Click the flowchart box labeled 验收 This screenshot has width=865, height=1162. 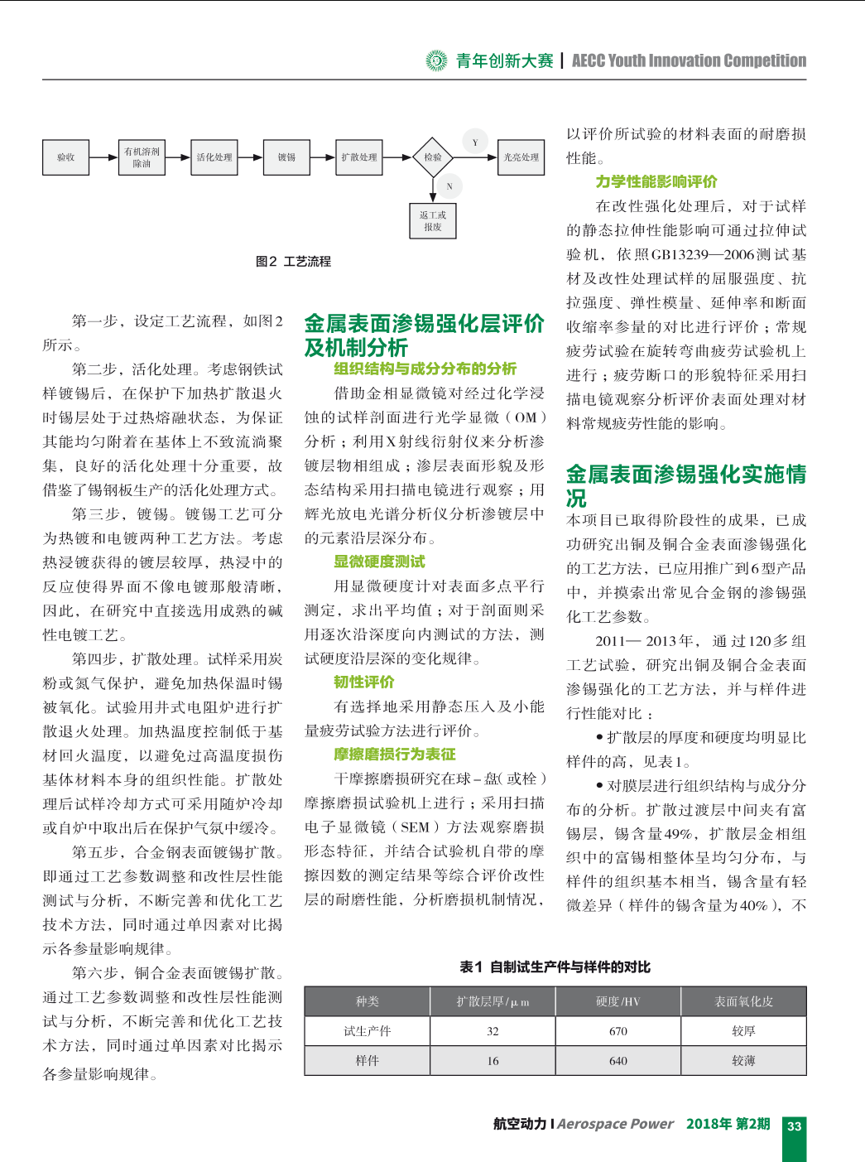[65, 157]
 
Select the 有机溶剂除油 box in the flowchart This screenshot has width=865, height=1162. [142, 157]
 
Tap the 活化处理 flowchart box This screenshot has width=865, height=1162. [214, 157]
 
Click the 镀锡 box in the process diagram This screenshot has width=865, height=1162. [286, 157]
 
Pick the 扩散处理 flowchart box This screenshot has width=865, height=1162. [359, 157]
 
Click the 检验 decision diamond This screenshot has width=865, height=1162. [433, 157]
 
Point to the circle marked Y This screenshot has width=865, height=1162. [475, 142]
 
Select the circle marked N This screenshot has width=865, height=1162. [449, 186]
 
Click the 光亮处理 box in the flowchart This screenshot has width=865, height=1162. [521, 157]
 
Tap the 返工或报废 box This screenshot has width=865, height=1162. [433, 221]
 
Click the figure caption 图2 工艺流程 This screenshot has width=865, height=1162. [293, 262]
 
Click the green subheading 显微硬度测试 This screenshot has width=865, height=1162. [379, 562]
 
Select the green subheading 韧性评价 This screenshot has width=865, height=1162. [364, 682]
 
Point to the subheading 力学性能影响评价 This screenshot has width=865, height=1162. [656, 181]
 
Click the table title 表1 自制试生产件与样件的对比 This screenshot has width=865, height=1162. [555, 967]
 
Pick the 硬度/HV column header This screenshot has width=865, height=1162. [618, 1001]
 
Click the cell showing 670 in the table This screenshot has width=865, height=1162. [618, 1031]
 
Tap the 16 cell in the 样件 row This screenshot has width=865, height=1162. [493, 1061]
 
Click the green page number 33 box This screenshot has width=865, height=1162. [795, 1126]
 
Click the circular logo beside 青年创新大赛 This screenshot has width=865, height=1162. [436, 60]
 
